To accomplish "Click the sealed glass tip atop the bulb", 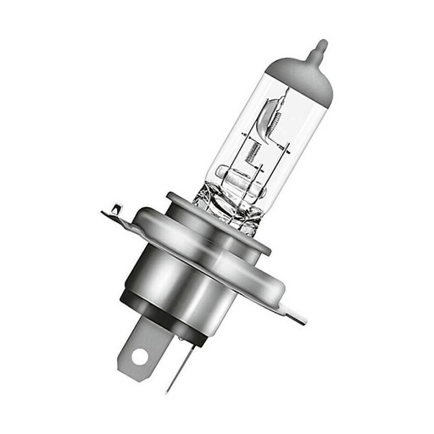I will click(320, 46).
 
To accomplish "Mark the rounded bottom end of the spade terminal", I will click(136, 370).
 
